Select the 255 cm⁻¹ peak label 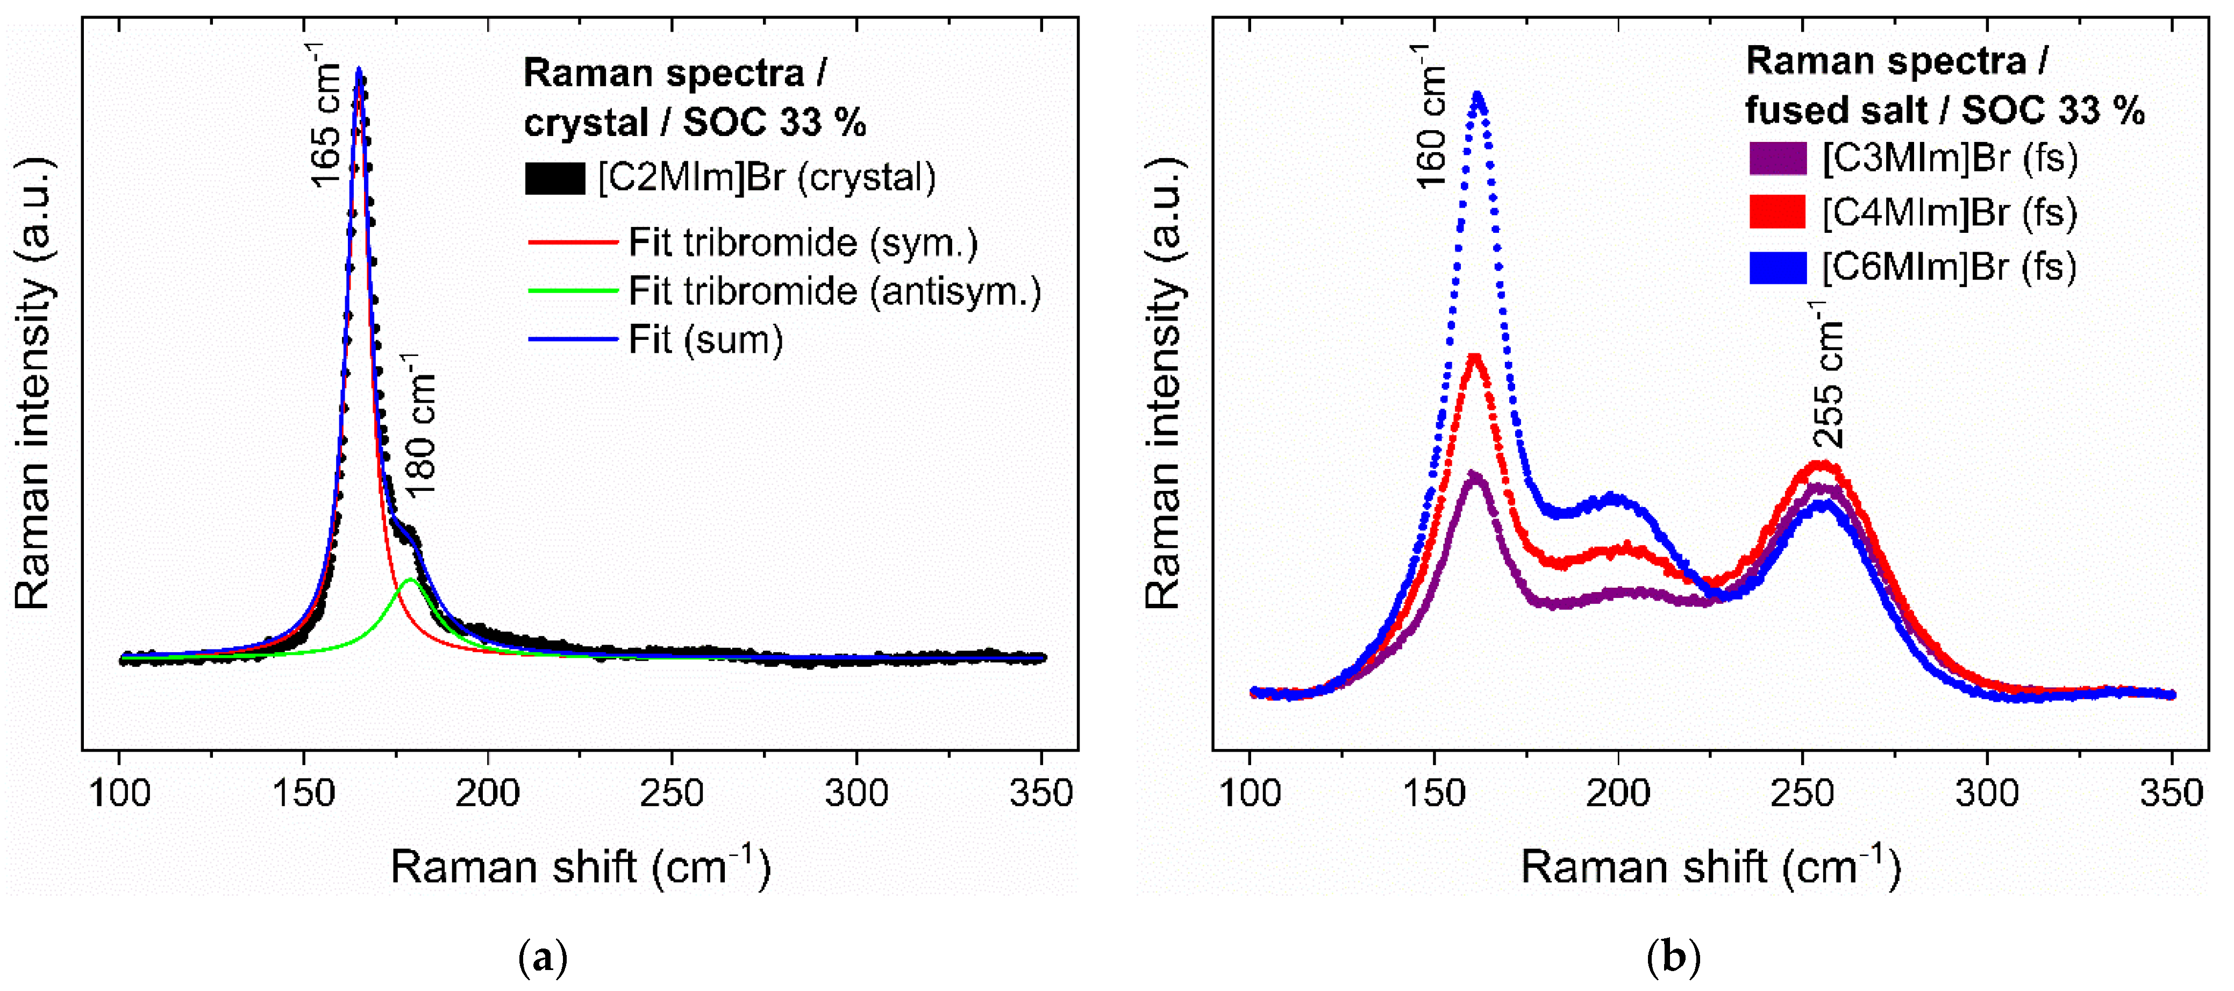[x=1828, y=375]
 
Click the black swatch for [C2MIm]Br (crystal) [x=555, y=179]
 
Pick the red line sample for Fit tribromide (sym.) [x=573, y=242]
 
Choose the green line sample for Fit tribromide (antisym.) [x=573, y=290]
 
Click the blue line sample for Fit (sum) [x=573, y=339]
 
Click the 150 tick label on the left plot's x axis [x=304, y=793]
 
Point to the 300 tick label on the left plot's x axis [x=856, y=793]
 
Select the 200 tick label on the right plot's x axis [x=1618, y=793]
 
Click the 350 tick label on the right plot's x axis [x=2171, y=793]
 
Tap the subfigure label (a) [x=543, y=959]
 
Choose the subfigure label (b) [x=1673, y=959]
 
